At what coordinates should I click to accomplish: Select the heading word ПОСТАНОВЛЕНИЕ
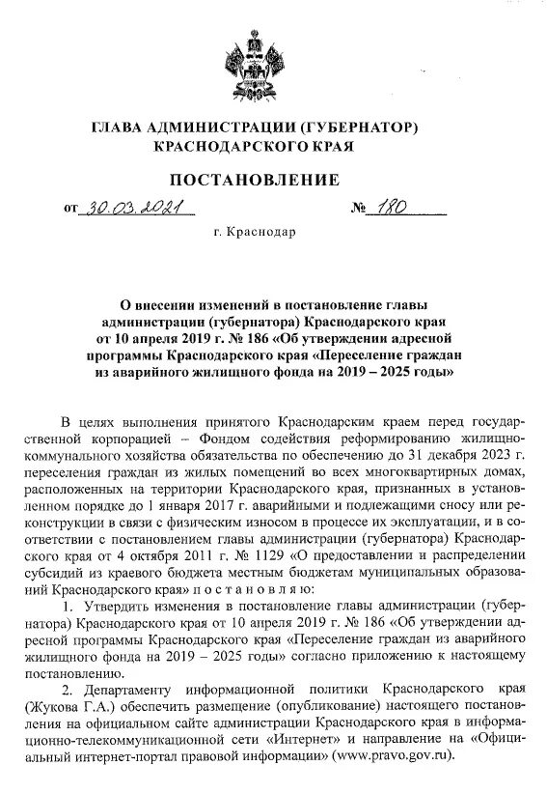tap(255, 180)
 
